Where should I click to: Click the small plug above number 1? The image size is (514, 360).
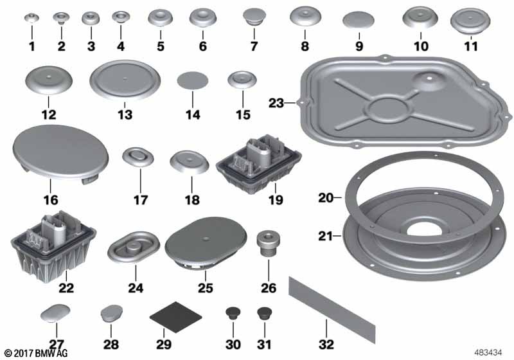(31, 18)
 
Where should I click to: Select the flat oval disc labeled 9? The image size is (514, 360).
(359, 20)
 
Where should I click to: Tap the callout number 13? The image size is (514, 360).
(125, 115)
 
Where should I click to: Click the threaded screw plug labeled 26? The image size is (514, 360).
(269, 244)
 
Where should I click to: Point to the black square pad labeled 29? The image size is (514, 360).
(175, 316)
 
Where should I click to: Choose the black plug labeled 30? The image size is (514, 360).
(233, 314)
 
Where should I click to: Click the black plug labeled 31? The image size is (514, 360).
(265, 314)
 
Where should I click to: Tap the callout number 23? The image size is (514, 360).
(276, 103)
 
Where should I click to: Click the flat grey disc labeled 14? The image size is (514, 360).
(192, 80)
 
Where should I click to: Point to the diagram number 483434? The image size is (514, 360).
(488, 353)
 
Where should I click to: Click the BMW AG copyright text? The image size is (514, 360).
(36, 353)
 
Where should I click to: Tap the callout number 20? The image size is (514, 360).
(326, 198)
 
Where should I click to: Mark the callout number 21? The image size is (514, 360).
(325, 236)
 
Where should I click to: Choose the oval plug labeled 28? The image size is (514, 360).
(111, 313)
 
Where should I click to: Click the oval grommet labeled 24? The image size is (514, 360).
(134, 248)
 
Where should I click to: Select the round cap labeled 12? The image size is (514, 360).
(49, 80)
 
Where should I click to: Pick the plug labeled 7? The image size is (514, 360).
(254, 17)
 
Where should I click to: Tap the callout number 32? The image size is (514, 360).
(326, 345)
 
